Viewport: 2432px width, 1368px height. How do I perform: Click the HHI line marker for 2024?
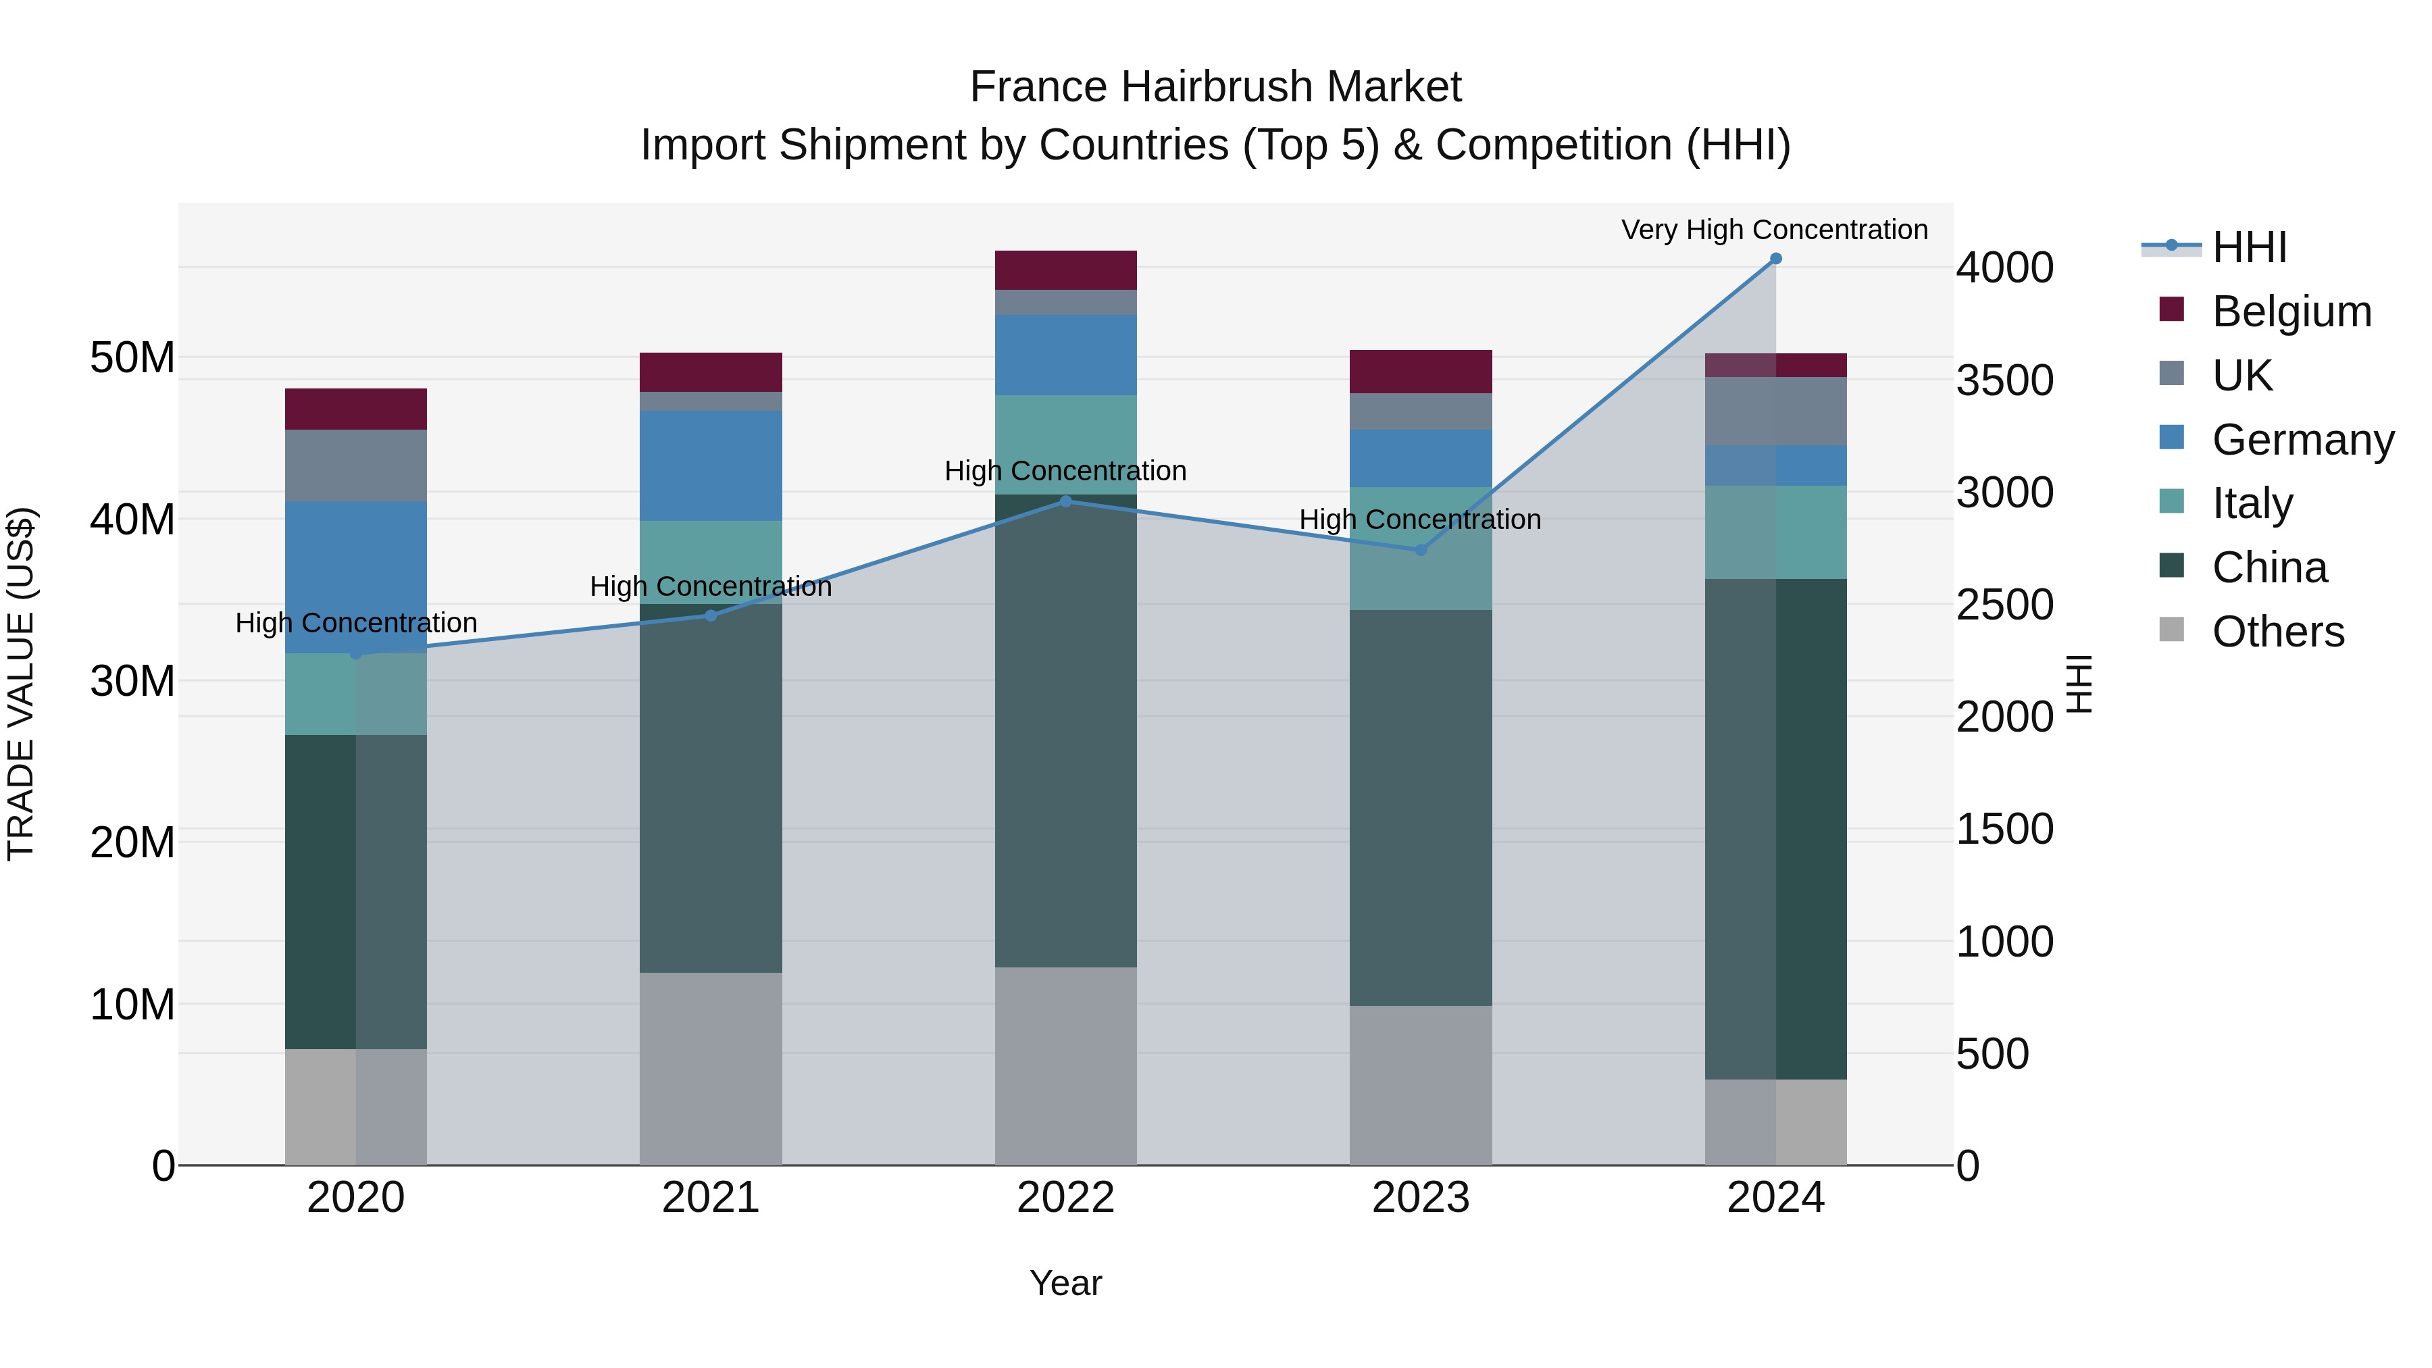pyautogui.click(x=1775, y=259)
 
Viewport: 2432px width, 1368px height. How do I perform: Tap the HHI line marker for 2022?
pyautogui.click(x=1066, y=501)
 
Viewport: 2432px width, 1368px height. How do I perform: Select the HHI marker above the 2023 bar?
pyautogui.click(x=1420, y=549)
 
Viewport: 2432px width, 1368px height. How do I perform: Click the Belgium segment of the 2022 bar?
pyautogui.click(x=1066, y=270)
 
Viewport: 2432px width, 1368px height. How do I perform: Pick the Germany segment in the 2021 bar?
pyautogui.click(x=711, y=465)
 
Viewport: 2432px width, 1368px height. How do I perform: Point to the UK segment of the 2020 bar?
pyautogui.click(x=356, y=465)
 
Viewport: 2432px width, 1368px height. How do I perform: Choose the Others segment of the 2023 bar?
pyautogui.click(x=1420, y=1085)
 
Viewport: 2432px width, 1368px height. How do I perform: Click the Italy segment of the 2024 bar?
pyautogui.click(x=1775, y=532)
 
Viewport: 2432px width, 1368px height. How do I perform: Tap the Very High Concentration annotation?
pyautogui.click(x=1774, y=230)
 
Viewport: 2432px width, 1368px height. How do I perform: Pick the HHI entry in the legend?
pyautogui.click(x=2249, y=247)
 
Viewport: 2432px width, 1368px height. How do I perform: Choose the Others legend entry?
pyautogui.click(x=2277, y=632)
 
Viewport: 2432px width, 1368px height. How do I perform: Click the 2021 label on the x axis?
pyautogui.click(x=711, y=1198)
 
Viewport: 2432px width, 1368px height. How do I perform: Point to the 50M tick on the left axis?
pyautogui.click(x=132, y=358)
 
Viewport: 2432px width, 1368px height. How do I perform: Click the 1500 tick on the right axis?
pyautogui.click(x=2004, y=829)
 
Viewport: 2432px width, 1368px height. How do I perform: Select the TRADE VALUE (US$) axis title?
pyautogui.click(x=21, y=684)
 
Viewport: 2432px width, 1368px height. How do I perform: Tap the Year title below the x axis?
pyautogui.click(x=1066, y=1283)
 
